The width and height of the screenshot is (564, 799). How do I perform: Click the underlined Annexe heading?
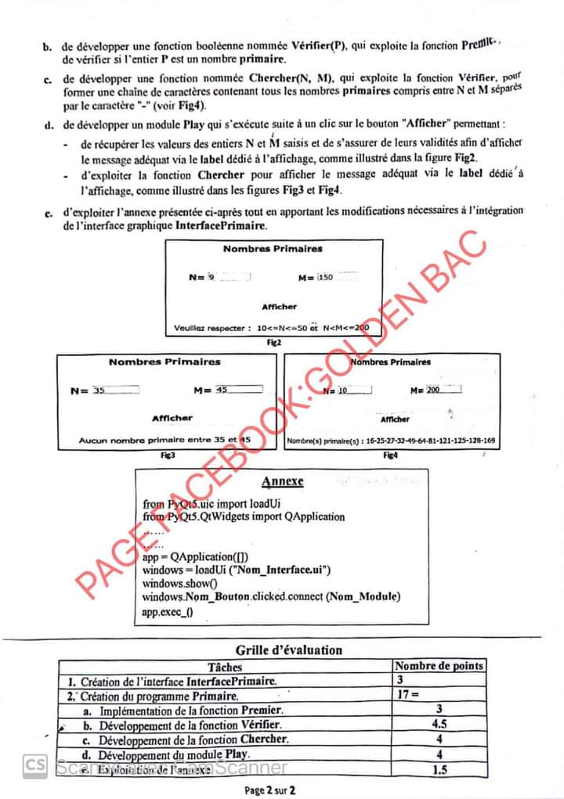[x=282, y=481]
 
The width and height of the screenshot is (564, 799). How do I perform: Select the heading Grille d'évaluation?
[x=289, y=650]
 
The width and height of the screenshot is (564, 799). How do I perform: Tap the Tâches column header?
[x=225, y=667]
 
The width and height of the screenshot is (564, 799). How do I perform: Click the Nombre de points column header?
[x=439, y=666]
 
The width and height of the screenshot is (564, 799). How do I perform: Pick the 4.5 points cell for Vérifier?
[x=439, y=724]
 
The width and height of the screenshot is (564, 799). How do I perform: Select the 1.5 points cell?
[x=439, y=770]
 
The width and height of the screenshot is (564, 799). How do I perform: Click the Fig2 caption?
[x=273, y=342]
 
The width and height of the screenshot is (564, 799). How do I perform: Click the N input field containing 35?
[x=115, y=390]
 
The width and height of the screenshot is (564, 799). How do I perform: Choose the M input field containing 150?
[x=337, y=277]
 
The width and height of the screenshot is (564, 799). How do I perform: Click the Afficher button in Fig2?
[x=279, y=307]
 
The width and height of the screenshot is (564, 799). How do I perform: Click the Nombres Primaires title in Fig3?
[x=164, y=362]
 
